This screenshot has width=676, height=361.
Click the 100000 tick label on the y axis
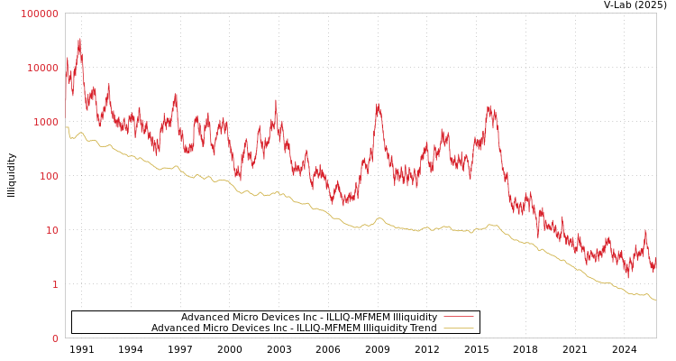click(41, 14)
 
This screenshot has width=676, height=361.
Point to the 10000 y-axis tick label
click(43, 68)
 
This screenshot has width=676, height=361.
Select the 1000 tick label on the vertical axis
click(46, 122)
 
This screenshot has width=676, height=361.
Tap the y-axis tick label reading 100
click(49, 176)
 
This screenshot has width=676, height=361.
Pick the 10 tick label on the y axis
click(51, 230)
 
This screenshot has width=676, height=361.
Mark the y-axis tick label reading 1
click(54, 284)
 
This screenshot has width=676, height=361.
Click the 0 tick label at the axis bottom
click(54, 338)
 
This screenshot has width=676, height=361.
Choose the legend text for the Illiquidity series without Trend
click(309, 317)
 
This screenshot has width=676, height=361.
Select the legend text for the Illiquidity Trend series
click(294, 328)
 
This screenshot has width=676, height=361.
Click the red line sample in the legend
click(459, 317)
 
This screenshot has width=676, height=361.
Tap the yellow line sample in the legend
click(459, 328)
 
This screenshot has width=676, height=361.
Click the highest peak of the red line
click(79, 39)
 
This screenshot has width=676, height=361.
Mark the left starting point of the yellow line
click(66, 127)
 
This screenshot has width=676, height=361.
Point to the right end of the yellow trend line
click(655, 299)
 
